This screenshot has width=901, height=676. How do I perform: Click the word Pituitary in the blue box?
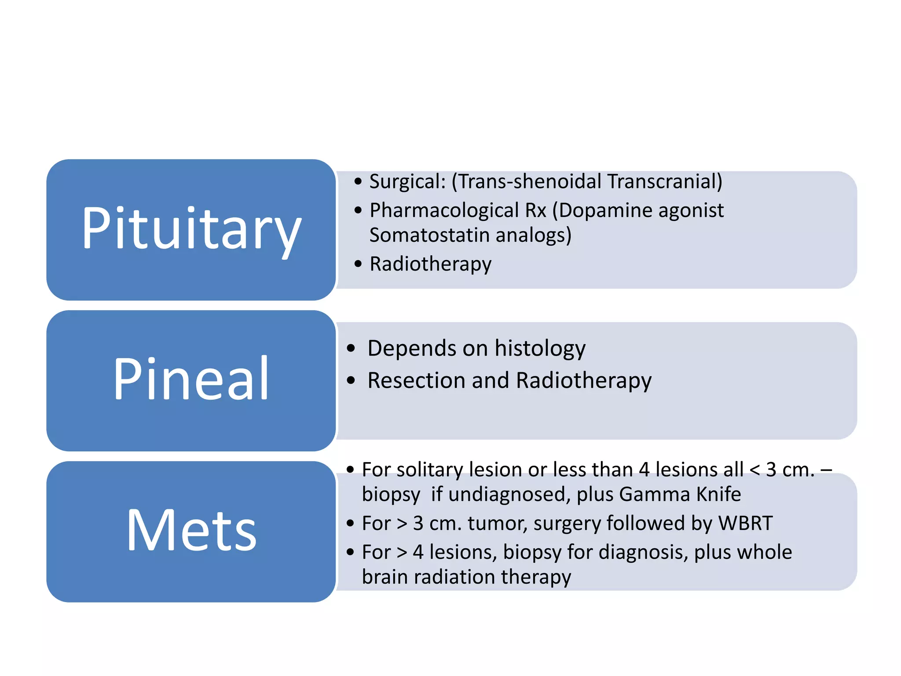click(x=191, y=229)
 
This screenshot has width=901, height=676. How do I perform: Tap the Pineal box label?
click(x=191, y=379)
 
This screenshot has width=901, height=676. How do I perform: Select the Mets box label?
click(x=191, y=530)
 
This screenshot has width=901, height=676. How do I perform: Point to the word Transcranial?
click(x=664, y=182)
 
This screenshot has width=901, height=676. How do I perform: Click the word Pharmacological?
click(x=444, y=210)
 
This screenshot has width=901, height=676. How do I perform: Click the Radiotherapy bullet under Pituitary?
click(x=430, y=264)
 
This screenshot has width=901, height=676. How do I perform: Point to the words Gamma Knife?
click(x=680, y=494)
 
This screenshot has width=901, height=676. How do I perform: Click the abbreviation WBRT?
click(x=745, y=523)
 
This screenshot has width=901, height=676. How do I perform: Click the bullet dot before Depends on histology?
click(x=351, y=349)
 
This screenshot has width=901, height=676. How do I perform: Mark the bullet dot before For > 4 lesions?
click(x=350, y=552)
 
